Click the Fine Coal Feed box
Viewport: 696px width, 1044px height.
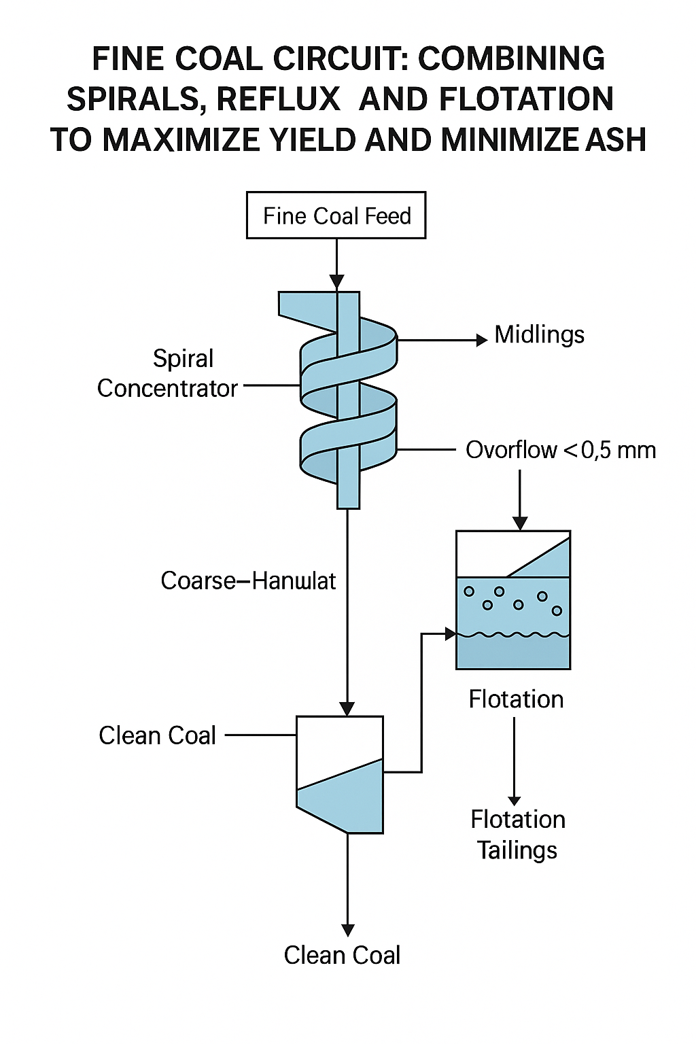tap(336, 215)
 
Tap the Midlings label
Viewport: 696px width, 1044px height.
tap(539, 334)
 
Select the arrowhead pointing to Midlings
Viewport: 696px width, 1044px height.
tap(482, 340)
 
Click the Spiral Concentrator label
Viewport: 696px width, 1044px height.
tap(168, 373)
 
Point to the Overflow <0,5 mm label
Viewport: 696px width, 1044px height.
tap(561, 450)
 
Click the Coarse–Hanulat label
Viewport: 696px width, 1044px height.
tap(248, 581)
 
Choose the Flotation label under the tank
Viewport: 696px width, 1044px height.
tap(516, 699)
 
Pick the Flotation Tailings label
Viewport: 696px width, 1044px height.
tap(517, 835)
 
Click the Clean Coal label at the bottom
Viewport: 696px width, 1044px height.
tap(342, 955)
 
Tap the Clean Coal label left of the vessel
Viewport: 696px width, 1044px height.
tap(157, 735)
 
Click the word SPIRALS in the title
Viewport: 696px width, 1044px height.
tap(132, 99)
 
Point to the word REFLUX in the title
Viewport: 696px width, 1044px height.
tap(278, 99)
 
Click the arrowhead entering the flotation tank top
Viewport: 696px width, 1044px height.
tap(520, 523)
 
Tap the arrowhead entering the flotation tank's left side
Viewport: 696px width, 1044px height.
tap(450, 634)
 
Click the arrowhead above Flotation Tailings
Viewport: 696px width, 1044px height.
tap(515, 801)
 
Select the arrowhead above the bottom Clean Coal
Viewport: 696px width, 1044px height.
tap(348, 930)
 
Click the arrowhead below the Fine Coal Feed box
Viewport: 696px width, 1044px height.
tap(336, 281)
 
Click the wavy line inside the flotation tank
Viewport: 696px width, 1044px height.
tap(513, 635)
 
